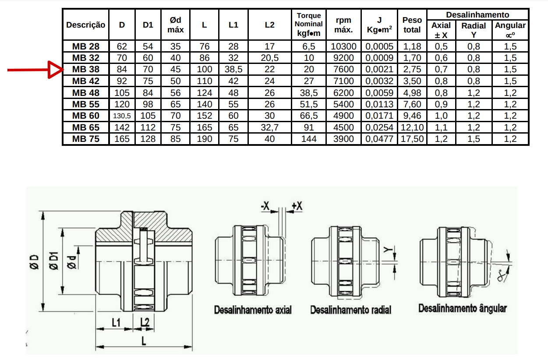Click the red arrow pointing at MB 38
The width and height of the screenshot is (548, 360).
coord(35,70)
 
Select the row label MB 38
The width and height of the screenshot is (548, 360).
coord(85,70)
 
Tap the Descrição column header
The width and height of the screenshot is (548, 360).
coord(85,25)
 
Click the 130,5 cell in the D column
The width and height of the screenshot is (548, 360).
coord(122,116)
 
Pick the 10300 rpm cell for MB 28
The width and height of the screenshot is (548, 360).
coord(343,46)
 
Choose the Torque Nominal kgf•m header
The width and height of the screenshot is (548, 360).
coord(309,25)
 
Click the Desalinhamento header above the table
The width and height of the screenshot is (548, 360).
coord(477,15)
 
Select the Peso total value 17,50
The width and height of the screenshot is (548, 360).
coord(412,139)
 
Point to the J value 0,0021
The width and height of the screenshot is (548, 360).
coord(379,70)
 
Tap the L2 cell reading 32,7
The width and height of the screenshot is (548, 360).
coord(269,127)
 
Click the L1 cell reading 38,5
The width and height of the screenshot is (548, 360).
coord(233,70)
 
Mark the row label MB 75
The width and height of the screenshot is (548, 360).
coord(85,139)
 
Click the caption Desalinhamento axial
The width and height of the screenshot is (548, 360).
coord(253,310)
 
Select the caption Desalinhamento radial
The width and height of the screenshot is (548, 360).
coord(350,310)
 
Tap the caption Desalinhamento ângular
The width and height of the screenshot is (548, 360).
coord(463,308)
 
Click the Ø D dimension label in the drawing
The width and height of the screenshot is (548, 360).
coord(34,262)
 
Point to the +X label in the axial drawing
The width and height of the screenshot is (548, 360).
coord(297,206)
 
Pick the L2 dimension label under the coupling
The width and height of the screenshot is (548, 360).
coord(145,322)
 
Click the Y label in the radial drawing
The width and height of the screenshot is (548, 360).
coord(388,250)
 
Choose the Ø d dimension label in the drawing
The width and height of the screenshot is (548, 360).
coord(71,263)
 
